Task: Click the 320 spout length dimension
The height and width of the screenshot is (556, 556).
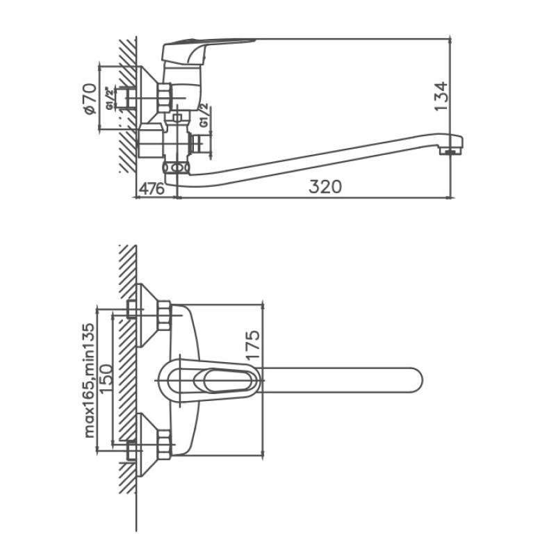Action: pos(325,186)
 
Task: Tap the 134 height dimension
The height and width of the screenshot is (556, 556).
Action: pos(441,96)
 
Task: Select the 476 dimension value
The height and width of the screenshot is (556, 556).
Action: pos(152,188)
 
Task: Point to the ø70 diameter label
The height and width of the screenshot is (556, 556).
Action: pos(90,99)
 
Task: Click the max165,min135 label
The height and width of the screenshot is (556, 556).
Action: pos(90,380)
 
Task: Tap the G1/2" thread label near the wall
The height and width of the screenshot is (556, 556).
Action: pos(110,97)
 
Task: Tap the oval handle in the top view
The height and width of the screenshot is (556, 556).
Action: pos(207,380)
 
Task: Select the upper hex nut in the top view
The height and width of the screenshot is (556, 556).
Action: pos(164,316)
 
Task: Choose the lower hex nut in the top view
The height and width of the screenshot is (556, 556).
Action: pos(164,445)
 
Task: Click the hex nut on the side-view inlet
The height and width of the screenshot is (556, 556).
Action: pos(164,98)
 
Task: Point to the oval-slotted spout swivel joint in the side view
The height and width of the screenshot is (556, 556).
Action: pos(176,167)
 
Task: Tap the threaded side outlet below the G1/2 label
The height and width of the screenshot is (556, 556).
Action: pos(196,144)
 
